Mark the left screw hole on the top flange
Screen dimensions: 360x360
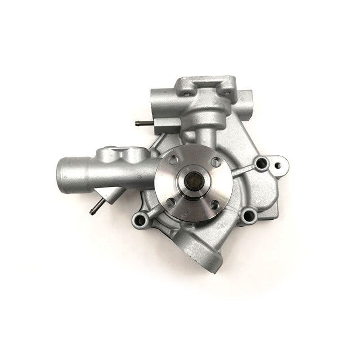coord(184,93)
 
